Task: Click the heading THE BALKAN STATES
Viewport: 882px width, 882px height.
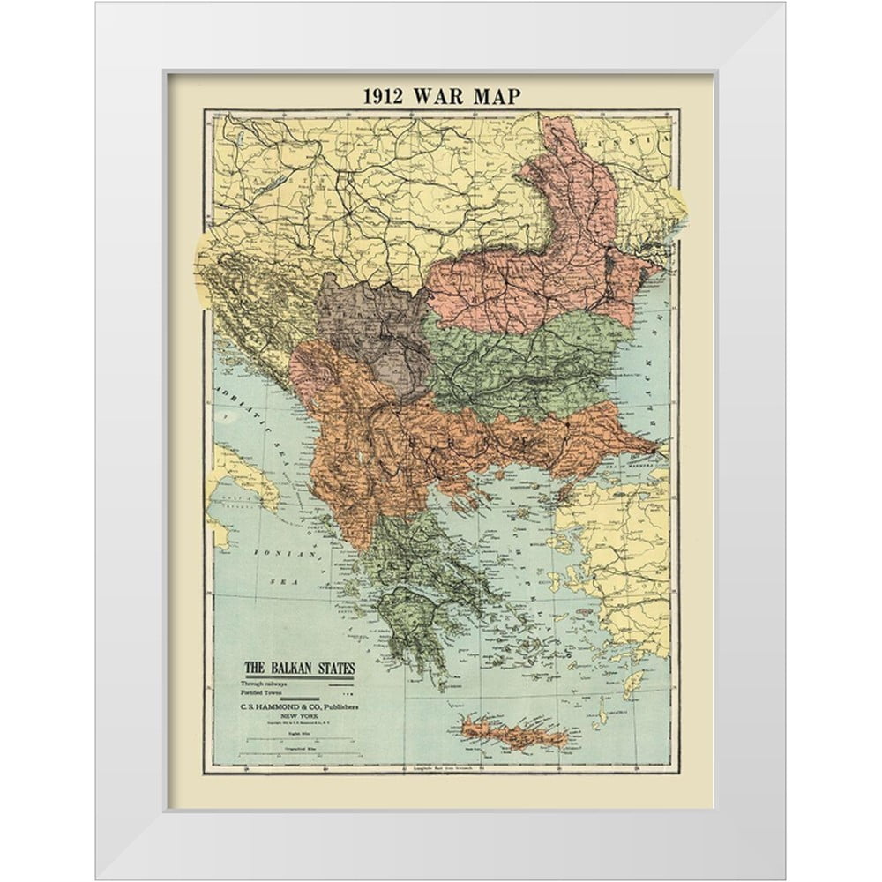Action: [299, 668]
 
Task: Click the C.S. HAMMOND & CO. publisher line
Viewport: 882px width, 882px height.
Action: [300, 708]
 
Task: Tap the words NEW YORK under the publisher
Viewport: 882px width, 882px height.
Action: [300, 718]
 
